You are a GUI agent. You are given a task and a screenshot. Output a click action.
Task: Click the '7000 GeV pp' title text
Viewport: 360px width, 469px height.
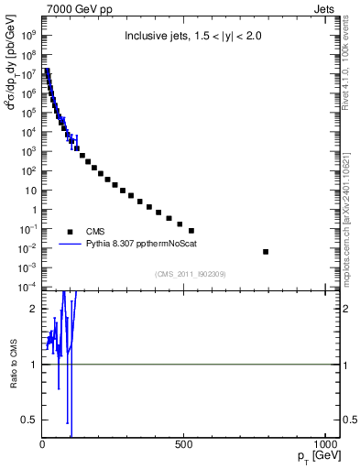pyautogui.click(x=75, y=8)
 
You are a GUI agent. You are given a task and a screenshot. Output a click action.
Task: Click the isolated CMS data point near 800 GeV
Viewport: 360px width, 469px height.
pyautogui.click(x=266, y=251)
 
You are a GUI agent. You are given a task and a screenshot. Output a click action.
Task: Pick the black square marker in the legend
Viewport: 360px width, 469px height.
pyautogui.click(x=70, y=232)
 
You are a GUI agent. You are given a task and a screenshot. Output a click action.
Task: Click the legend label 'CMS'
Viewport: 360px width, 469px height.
pyautogui.click(x=95, y=232)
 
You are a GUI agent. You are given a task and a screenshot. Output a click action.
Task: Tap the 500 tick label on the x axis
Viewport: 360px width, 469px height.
pyautogui.click(x=184, y=447)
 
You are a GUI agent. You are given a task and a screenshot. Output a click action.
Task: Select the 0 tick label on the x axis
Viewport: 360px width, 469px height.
pyautogui.click(x=43, y=447)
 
